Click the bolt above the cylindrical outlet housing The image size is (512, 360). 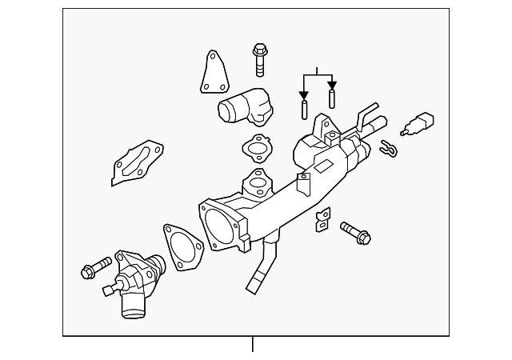pos(260,58)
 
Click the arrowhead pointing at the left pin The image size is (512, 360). pos(304,85)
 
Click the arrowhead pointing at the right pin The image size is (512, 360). pos(332,84)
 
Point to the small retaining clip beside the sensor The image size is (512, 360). pos(388,148)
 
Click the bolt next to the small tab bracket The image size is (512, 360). pos(356,233)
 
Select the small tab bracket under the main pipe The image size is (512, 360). pos(323,218)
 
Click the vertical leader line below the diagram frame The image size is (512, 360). pos(253,345)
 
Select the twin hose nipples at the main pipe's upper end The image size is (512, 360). pos(370,119)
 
